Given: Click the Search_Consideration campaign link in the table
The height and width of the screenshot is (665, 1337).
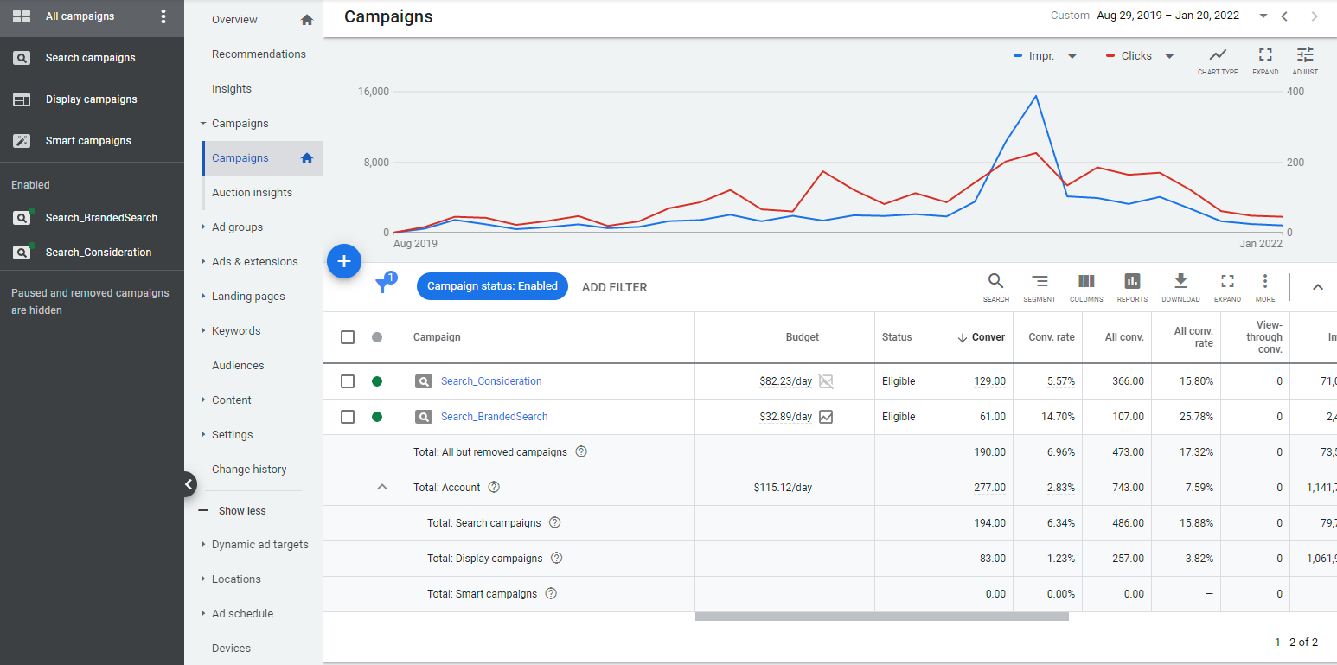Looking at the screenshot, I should pos(491,381).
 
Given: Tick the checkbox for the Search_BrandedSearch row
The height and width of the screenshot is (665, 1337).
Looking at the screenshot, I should pos(348,417).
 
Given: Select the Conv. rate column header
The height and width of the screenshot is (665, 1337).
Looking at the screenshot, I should pos(1051,337).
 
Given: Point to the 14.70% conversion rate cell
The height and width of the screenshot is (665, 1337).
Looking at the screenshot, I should pos(1058,417).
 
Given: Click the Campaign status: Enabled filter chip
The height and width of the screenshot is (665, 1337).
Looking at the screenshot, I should pos(492,286).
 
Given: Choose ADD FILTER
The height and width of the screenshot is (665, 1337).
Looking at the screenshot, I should pos(614,287).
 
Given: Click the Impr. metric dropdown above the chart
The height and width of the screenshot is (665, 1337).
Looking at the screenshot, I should pos(1046,56).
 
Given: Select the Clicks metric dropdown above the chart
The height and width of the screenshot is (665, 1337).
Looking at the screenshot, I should pos(1141,56).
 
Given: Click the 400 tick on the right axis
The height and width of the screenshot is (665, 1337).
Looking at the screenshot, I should pos(1295,92).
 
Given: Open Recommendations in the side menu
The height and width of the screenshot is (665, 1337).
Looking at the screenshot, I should pos(259,54).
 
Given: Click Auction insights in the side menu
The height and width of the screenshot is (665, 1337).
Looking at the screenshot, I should pos(252,192).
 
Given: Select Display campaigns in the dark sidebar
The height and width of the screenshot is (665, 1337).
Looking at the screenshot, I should pos(91,99).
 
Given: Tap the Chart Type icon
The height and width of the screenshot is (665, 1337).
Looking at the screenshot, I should pos(1218,60).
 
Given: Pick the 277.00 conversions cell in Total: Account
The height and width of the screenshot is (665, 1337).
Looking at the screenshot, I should pos(989,488).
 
